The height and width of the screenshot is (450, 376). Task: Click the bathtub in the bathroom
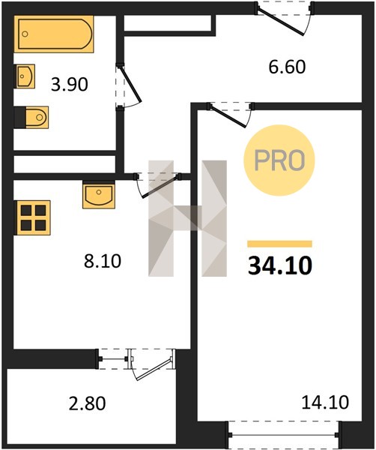tap(54, 34)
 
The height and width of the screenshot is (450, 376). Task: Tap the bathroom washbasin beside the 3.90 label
tap(25, 76)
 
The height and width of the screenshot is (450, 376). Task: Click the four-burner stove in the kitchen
tap(33, 217)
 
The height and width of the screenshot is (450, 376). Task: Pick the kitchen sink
tap(99, 195)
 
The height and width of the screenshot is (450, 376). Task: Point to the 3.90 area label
tap(70, 85)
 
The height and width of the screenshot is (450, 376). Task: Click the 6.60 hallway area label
tap(287, 67)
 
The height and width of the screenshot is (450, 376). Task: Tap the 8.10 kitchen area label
tap(103, 261)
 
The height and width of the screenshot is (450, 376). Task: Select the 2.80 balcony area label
tap(87, 403)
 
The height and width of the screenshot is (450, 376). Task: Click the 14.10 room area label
tap(325, 402)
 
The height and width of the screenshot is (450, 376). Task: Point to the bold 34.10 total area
tap(280, 265)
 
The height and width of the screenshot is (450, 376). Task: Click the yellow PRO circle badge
tap(279, 160)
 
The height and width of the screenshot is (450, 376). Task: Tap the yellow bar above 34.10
tap(279, 244)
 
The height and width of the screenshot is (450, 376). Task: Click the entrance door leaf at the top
tap(281, 22)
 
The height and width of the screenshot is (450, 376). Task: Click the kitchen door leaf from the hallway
tap(161, 187)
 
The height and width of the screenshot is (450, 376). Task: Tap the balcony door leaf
tap(154, 368)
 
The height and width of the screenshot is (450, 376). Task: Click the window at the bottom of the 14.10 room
tap(283, 435)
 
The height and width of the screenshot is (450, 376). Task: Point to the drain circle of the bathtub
tap(25, 34)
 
